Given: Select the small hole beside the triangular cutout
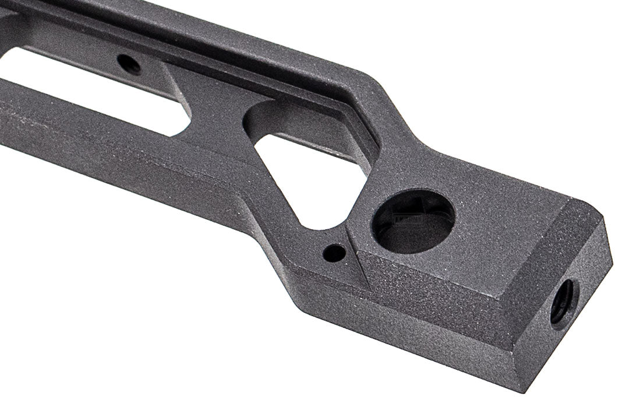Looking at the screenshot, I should pos(334,253).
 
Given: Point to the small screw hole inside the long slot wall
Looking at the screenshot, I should pos(129,64).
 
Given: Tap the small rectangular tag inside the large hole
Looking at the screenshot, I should pos(408,219).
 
